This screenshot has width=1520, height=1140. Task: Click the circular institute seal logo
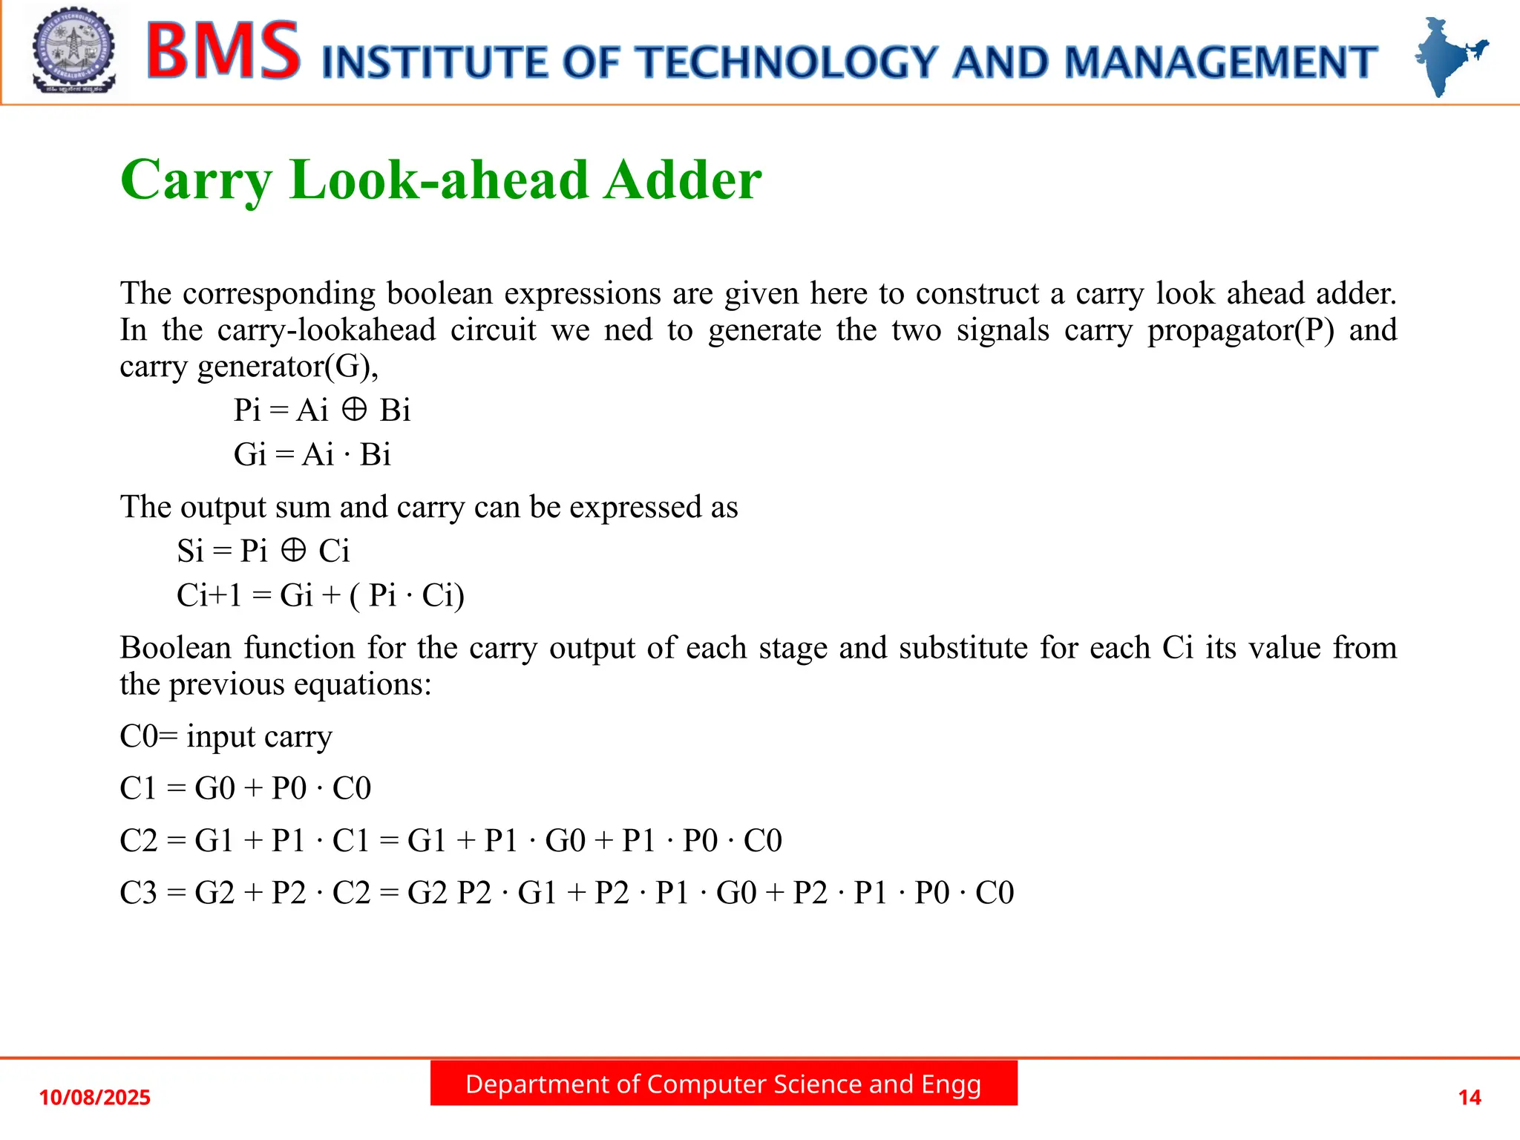pyautogui.click(x=73, y=50)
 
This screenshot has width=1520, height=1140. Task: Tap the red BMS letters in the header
pyautogui.click(x=223, y=50)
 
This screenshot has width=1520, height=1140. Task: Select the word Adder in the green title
pyautogui.click(x=682, y=180)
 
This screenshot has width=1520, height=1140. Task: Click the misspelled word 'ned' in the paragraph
pyautogui.click(x=628, y=330)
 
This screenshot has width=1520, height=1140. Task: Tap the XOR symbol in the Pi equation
pyautogui.click(x=354, y=409)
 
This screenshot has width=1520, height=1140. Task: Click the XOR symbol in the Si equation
pyautogui.click(x=293, y=550)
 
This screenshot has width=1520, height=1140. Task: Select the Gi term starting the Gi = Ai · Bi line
pyautogui.click(x=249, y=454)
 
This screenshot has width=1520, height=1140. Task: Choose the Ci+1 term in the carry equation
pyautogui.click(x=209, y=595)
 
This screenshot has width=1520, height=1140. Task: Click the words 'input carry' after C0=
pyautogui.click(x=259, y=736)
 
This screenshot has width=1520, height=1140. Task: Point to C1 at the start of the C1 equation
pyautogui.click(x=138, y=788)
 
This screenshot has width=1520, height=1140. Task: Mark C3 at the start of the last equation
pyautogui.click(x=138, y=892)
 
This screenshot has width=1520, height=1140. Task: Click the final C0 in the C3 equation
pyautogui.click(x=995, y=892)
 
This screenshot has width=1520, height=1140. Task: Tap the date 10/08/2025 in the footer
pyautogui.click(x=94, y=1097)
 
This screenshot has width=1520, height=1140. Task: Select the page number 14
pyautogui.click(x=1470, y=1097)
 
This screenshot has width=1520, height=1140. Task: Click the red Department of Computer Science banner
pyautogui.click(x=724, y=1084)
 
